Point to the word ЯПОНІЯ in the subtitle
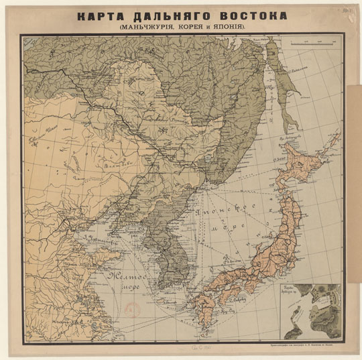coord(233,29)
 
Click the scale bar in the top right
coord(314,44)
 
